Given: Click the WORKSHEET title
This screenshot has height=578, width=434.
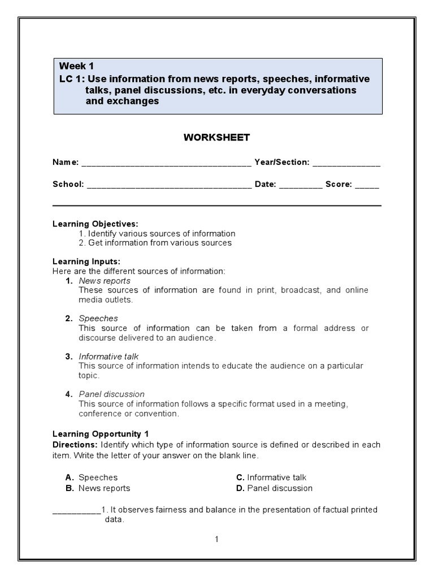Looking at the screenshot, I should [x=216, y=137].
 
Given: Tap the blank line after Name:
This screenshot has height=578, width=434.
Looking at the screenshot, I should [x=166, y=163].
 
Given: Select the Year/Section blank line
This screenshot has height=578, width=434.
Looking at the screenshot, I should [x=346, y=163].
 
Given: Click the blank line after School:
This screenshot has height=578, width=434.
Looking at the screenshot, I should [x=169, y=185].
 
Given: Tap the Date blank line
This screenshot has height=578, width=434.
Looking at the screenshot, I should [x=301, y=185].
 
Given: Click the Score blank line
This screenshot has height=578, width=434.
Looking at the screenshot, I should [x=367, y=185].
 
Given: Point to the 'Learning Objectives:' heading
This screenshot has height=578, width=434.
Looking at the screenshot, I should [x=95, y=224].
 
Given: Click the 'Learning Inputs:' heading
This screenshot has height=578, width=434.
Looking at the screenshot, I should [x=86, y=262].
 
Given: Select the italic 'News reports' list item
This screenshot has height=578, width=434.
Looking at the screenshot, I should [x=105, y=281].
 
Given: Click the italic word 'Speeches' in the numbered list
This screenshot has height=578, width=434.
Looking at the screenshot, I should [x=98, y=318].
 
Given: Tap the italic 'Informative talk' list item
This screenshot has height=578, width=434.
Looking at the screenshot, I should [x=108, y=356].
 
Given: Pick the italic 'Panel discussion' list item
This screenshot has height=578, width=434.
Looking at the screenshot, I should [x=111, y=394].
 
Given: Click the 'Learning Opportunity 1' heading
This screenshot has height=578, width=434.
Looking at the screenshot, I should [x=100, y=434].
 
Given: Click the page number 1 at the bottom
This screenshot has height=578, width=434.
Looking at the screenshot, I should [x=216, y=539].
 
